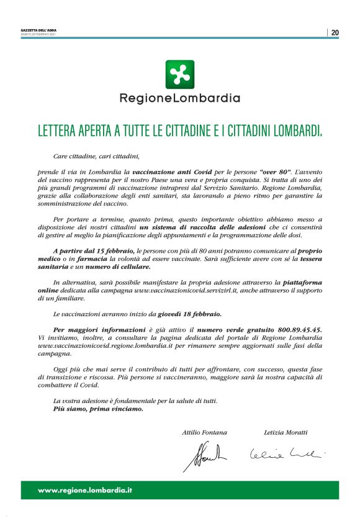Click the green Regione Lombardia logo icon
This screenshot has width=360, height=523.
[179, 74]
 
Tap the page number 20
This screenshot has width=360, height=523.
[335, 32]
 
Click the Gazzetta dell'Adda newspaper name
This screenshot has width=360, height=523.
[38, 30]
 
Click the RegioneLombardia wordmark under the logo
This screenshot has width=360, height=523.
[179, 98]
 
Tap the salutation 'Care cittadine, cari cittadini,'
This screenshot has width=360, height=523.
[96, 157]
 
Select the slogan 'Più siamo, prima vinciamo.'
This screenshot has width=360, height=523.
[97, 409]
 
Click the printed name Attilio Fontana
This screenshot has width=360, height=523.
[204, 432]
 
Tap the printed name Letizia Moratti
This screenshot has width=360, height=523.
[285, 432]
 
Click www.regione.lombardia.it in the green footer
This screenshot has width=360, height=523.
[85, 490]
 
